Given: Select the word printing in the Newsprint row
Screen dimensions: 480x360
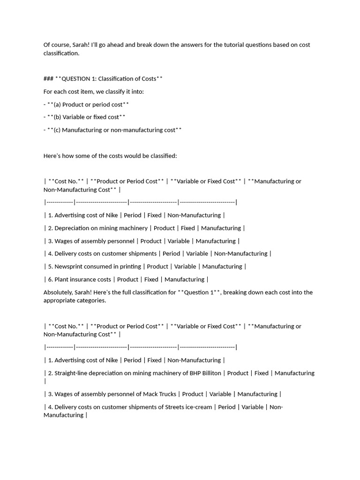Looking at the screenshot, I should [130, 266].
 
